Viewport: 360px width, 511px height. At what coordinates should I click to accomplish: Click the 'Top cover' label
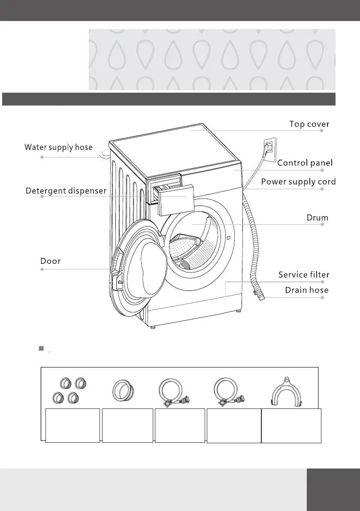click(309, 124)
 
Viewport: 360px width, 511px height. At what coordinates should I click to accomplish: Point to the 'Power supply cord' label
click(298, 181)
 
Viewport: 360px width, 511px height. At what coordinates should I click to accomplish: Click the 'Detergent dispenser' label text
click(66, 190)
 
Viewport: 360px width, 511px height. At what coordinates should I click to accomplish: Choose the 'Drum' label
click(317, 218)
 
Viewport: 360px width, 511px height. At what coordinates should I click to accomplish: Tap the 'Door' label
click(50, 260)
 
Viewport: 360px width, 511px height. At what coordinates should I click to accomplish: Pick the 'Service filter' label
click(304, 274)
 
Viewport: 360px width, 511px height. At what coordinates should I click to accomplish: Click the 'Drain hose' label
click(307, 290)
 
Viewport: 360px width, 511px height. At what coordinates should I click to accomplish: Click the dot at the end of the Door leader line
click(42, 269)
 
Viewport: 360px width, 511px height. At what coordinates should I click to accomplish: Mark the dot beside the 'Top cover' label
click(321, 131)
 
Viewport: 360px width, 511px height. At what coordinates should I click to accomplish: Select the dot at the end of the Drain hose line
click(321, 297)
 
